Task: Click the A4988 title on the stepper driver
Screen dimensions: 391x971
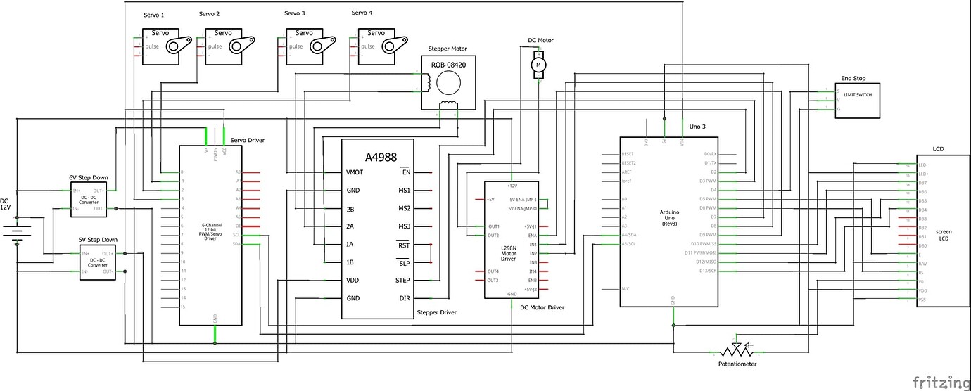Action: [x=377, y=157]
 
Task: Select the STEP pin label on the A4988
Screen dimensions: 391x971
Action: [x=402, y=280]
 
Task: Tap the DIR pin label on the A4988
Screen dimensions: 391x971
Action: [x=405, y=298]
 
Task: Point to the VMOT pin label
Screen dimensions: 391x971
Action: [x=355, y=172]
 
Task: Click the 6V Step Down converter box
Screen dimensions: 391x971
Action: [x=88, y=199]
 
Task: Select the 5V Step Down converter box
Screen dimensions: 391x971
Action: [x=97, y=262]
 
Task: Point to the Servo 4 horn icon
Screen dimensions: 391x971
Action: [x=393, y=44]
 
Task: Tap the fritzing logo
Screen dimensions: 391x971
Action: [x=940, y=382]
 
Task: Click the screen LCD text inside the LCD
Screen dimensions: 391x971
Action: [x=943, y=235]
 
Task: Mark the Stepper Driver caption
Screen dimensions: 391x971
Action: [x=436, y=312]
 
